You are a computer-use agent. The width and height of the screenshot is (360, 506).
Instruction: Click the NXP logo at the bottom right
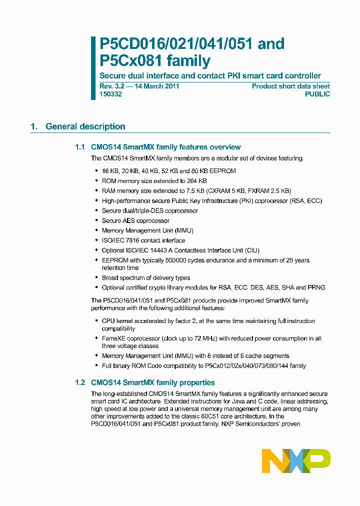(x=296, y=460)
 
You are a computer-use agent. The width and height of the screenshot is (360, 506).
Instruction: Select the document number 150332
(x=110, y=94)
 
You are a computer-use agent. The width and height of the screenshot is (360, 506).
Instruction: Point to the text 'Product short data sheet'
(x=290, y=86)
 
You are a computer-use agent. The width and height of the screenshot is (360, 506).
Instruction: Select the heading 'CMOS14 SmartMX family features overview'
(x=165, y=147)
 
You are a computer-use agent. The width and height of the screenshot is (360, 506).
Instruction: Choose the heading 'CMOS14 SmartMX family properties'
(x=152, y=382)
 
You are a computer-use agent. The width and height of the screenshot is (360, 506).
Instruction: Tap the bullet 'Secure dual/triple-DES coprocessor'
(x=149, y=210)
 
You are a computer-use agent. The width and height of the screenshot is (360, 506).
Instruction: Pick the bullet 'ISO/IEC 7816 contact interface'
(x=143, y=240)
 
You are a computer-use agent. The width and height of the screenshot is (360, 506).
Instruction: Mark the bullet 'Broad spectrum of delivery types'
(x=145, y=277)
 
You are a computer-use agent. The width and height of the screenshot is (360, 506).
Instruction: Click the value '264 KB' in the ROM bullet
(x=196, y=181)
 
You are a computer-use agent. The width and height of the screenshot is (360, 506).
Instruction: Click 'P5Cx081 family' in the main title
(x=155, y=61)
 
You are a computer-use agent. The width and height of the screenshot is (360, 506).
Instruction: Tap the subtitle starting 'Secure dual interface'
(x=210, y=76)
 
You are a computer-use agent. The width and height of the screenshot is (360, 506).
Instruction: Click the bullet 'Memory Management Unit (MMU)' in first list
(x=147, y=230)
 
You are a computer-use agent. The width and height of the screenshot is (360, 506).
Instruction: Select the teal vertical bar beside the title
(x=93, y=67)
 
